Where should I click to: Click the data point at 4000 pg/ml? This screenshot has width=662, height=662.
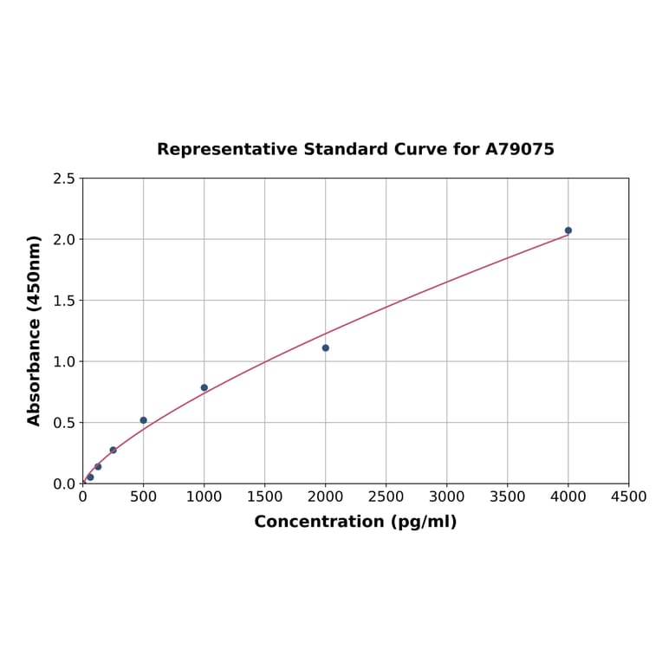(568, 230)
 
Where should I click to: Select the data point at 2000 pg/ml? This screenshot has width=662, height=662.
(326, 347)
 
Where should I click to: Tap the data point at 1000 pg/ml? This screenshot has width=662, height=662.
(204, 387)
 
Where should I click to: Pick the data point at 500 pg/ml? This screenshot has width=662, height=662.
(144, 420)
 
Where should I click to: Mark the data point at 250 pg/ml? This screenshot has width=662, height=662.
(114, 450)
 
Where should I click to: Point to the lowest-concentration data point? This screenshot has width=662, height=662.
(90, 477)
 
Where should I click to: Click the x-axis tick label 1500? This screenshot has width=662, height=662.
(265, 497)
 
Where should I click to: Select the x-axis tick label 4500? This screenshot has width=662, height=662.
(628, 497)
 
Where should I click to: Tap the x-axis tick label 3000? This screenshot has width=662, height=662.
(447, 497)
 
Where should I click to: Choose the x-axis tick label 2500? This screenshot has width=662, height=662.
(386, 497)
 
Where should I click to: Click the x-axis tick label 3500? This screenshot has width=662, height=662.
(508, 497)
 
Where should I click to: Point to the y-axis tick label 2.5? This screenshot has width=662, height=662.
(64, 178)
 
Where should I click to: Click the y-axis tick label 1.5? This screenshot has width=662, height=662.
(64, 301)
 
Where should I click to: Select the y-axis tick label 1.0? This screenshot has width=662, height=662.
(64, 361)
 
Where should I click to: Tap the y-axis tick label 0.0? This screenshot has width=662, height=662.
(64, 484)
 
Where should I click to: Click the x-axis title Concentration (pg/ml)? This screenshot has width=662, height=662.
(355, 522)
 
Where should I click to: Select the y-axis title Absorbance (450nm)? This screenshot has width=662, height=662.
(35, 330)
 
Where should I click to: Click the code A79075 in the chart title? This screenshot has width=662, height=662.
(519, 149)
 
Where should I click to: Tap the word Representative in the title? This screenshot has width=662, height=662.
(227, 149)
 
